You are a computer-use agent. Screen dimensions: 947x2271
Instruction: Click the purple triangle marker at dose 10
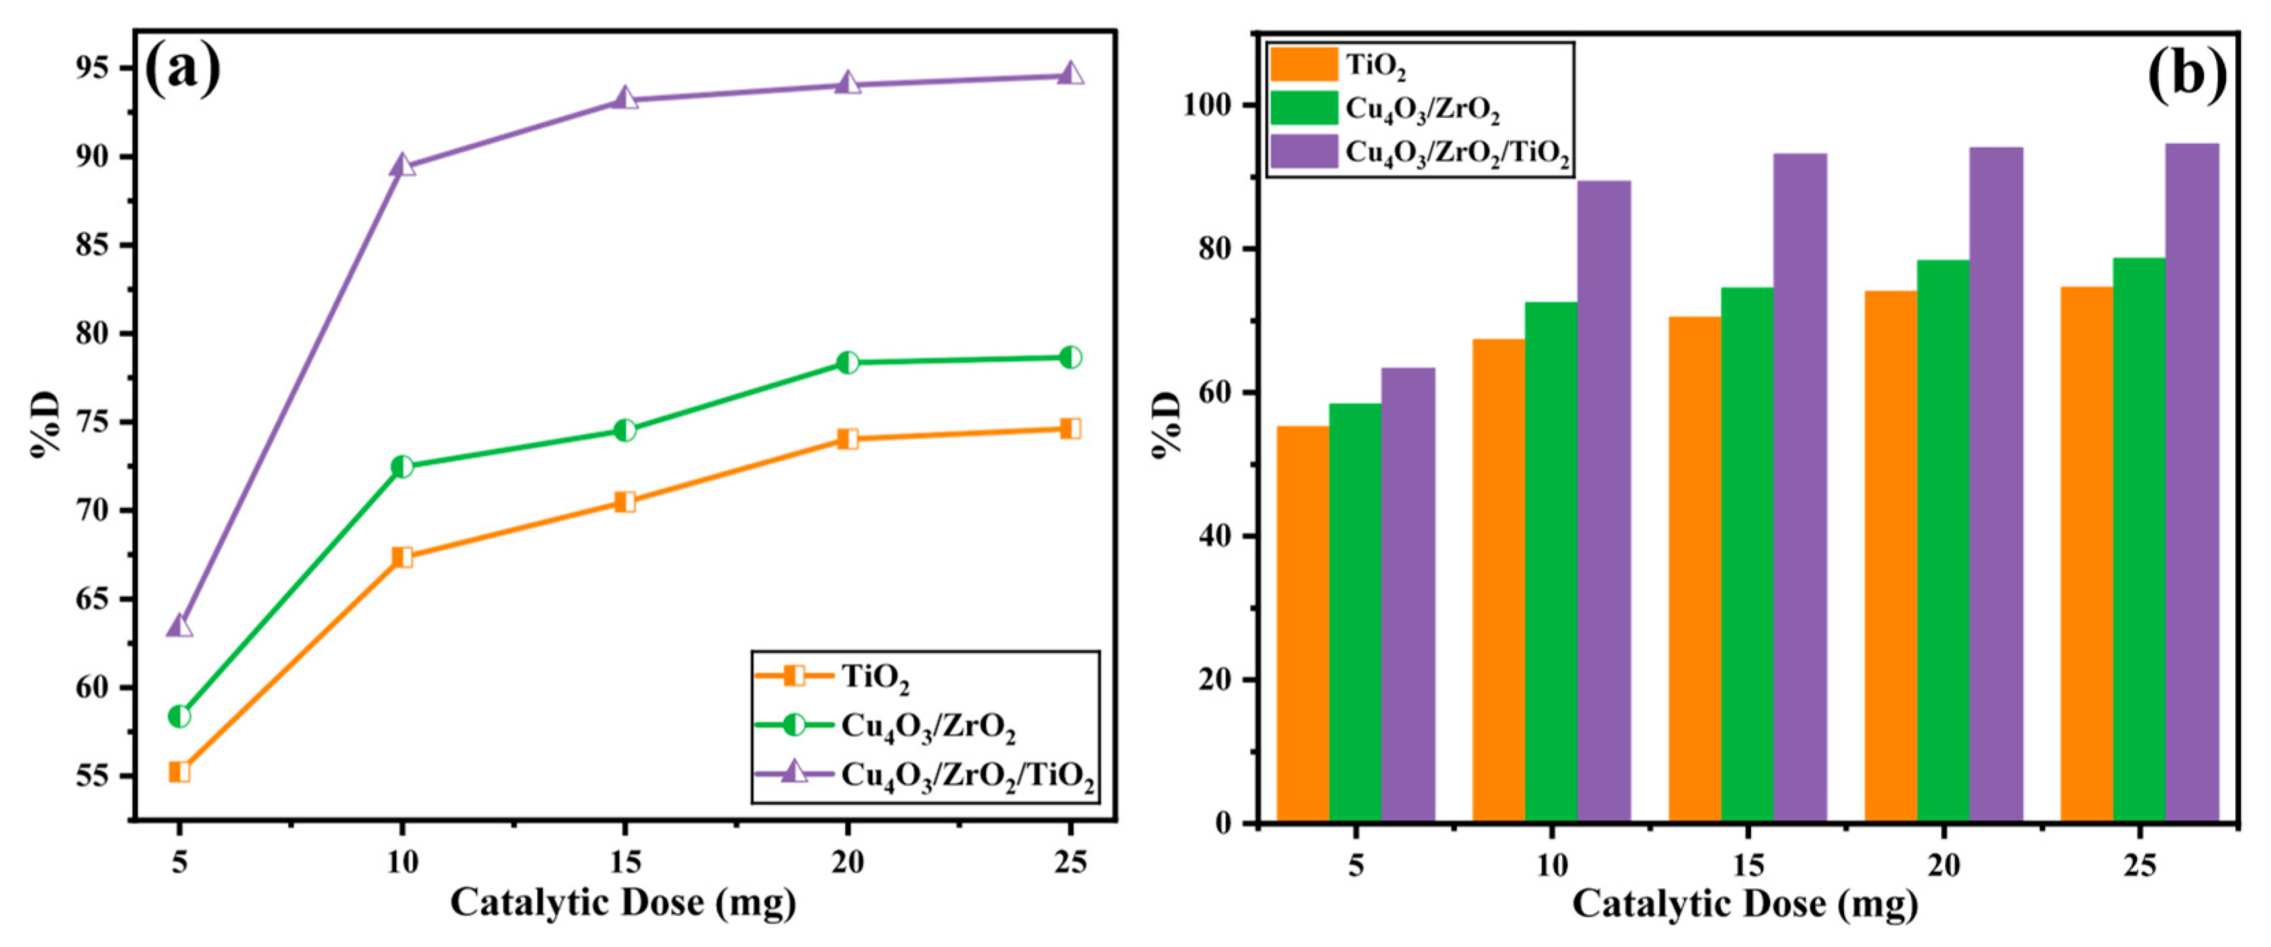pyautogui.click(x=402, y=165)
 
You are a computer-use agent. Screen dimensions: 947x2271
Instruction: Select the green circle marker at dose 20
pyautogui.click(x=848, y=363)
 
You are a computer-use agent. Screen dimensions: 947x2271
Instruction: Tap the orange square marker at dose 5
pyautogui.click(x=179, y=772)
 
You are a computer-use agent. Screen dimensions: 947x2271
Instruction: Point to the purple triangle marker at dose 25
pyautogui.click(x=1071, y=74)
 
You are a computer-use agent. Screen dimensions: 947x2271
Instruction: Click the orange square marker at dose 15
pyautogui.click(x=625, y=502)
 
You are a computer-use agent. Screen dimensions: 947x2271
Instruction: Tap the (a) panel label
pyautogui.click(x=183, y=70)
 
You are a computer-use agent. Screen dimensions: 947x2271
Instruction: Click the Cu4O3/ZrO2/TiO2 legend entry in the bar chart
pyautogui.click(x=1456, y=155)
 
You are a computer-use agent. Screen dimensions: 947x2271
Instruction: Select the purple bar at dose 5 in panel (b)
pyautogui.click(x=1408, y=595)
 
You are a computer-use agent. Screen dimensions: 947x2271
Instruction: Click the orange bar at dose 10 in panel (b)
pyautogui.click(x=1499, y=580)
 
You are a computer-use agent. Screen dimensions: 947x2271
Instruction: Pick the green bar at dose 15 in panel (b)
pyautogui.click(x=1747, y=556)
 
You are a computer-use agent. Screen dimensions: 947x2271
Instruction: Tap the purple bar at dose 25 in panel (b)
pyautogui.click(x=2192, y=483)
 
